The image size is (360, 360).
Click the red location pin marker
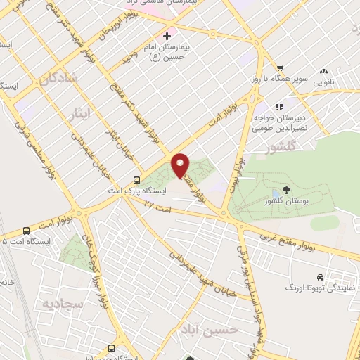[x=181, y=165]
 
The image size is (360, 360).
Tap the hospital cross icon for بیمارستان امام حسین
[x=167, y=36]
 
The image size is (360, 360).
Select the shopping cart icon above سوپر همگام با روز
[x=280, y=67]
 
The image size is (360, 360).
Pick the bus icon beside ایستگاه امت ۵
[x=27, y=230]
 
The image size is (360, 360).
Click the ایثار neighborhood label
[x=82, y=112]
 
